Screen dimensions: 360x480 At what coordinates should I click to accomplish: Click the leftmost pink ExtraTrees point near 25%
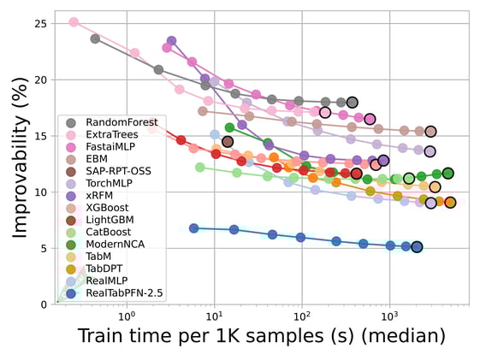[74, 22]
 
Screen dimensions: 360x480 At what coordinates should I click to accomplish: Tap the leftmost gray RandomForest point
[95, 38]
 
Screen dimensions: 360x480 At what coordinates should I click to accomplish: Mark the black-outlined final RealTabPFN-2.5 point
[417, 247]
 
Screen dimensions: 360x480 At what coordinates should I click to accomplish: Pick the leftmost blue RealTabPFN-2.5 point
[194, 228]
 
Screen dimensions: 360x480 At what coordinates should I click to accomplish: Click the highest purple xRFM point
[172, 40]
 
